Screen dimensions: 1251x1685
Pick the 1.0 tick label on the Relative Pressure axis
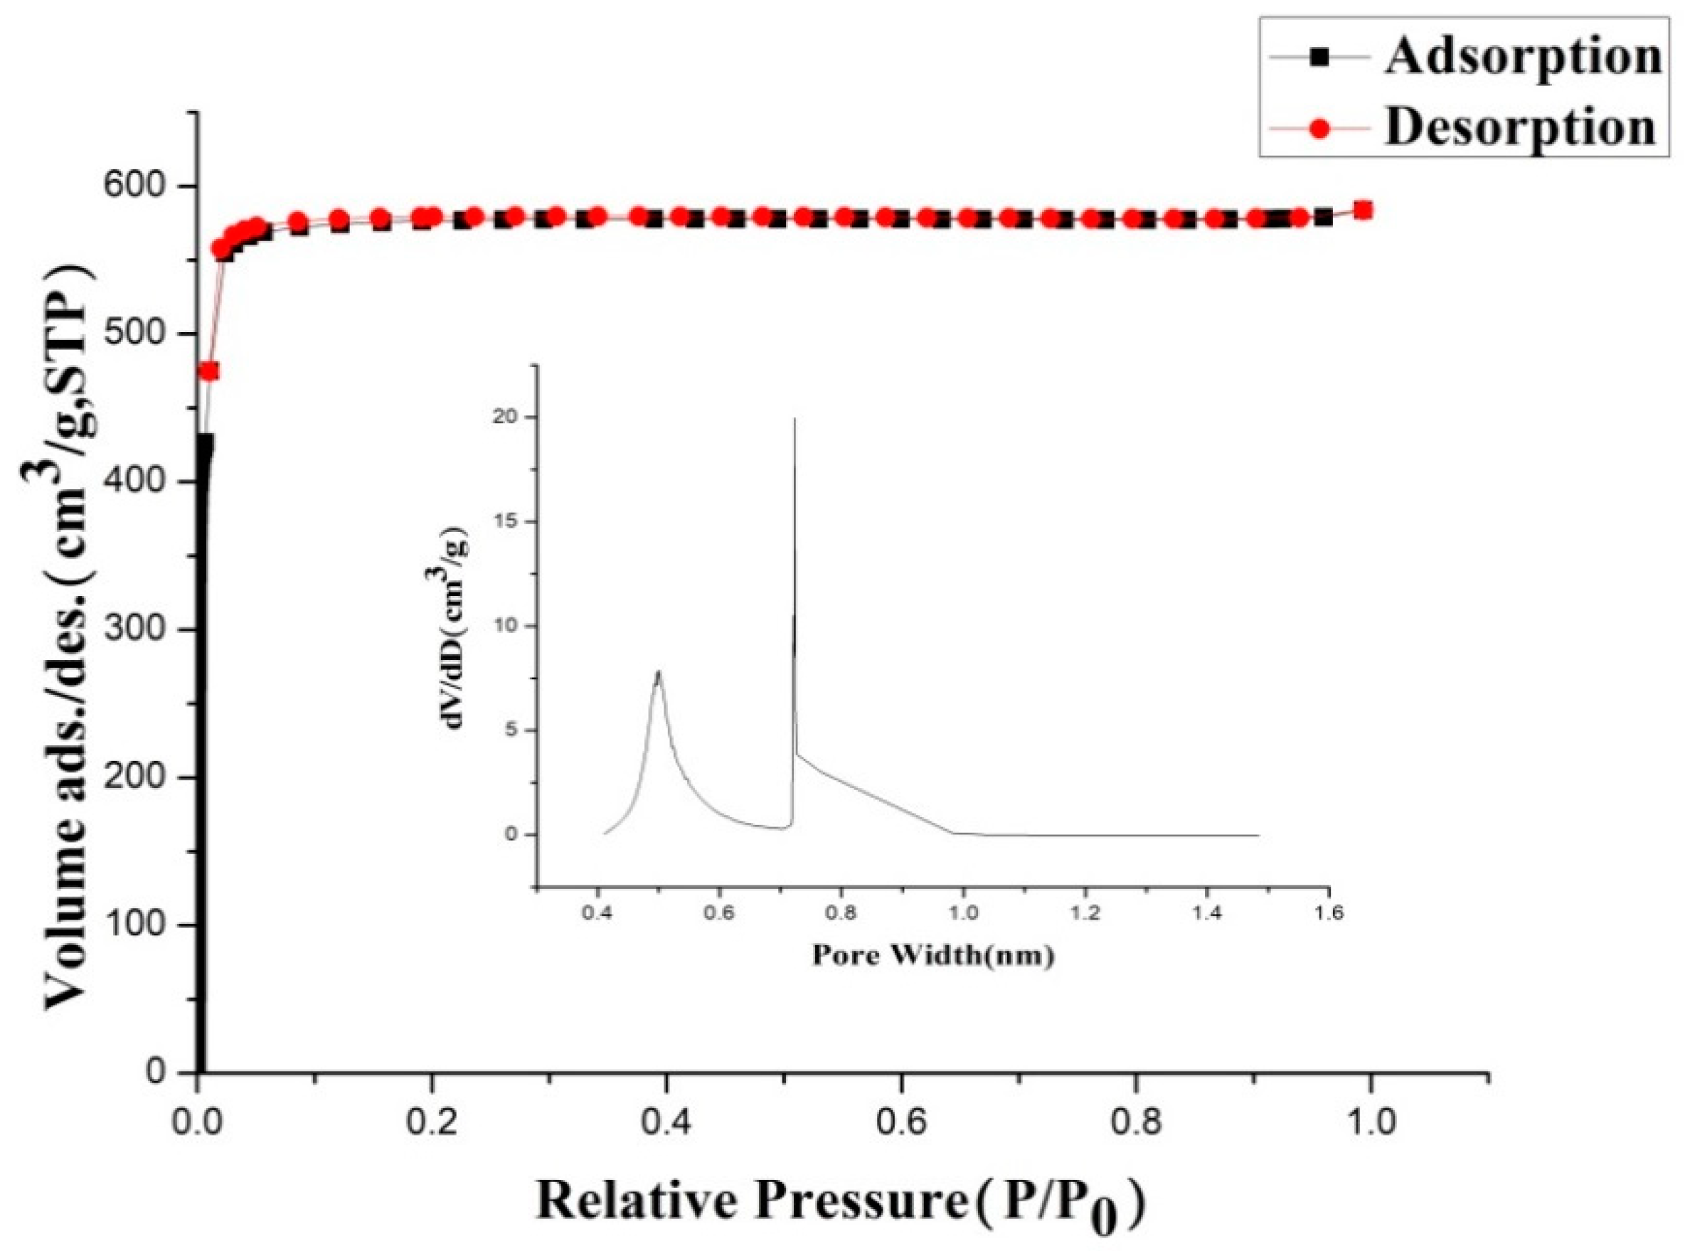pos(1369,1122)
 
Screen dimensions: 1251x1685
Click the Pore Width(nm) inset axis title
pos(933,956)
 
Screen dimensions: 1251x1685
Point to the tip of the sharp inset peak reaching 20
pos(794,418)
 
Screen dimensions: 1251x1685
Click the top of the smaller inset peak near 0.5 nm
pos(659,671)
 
